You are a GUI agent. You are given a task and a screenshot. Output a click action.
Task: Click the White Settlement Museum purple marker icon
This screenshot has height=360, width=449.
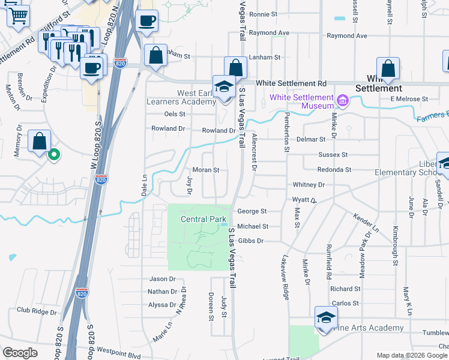pyautogui.click(x=342, y=99)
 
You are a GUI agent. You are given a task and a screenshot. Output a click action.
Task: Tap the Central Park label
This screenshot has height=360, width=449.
pyautogui.click(x=202, y=219)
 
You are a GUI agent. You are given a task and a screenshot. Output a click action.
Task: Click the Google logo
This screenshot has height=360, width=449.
pyautogui.click(x=20, y=352)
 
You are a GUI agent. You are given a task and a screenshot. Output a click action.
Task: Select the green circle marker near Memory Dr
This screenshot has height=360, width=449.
pyautogui.click(x=53, y=155)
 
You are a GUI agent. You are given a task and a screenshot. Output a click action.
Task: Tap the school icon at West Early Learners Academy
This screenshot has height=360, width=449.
pyautogui.click(x=224, y=87)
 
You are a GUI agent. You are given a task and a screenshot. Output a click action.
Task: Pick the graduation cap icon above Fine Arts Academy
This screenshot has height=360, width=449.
pyautogui.click(x=326, y=317)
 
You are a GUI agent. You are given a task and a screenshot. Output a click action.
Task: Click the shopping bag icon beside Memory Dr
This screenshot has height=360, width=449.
pyautogui.click(x=39, y=142)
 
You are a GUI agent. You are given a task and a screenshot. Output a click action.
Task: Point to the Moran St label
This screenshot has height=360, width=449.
pyautogui.click(x=205, y=170)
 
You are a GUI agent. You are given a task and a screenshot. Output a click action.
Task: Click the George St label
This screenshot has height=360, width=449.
pyautogui.click(x=252, y=211)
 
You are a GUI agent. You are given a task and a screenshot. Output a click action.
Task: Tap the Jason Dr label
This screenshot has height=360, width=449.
pyautogui.click(x=162, y=279)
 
